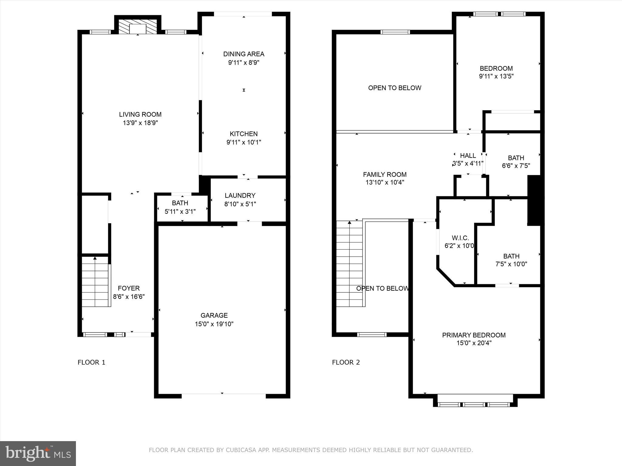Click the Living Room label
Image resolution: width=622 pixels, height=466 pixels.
coord(140,114)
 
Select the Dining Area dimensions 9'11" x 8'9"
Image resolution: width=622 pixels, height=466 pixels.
coord(244,62)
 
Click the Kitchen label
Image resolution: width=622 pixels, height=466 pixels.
coord(244,134)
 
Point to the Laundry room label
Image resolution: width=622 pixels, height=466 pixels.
coord(240,196)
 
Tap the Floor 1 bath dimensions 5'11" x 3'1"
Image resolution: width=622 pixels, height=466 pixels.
coord(180,211)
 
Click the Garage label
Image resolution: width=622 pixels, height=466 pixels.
coord(214,316)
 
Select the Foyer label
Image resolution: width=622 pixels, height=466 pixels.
coord(129,288)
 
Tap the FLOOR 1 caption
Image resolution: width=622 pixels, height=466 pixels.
coord(91,362)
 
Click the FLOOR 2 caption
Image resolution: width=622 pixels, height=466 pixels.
coord(346,362)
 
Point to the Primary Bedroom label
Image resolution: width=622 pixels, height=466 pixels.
coord(473,335)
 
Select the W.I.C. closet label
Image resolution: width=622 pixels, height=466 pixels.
coord(460,238)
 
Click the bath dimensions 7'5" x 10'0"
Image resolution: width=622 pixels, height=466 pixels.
coord(511,264)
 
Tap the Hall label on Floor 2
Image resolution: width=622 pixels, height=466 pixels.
coord(468,156)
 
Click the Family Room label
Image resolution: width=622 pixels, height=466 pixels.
coord(384,174)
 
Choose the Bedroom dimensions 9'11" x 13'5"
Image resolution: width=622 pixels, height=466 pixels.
coord(496,76)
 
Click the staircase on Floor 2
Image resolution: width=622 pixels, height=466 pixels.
coord(349,264)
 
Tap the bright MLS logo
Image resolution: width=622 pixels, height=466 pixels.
coord(38,453)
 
